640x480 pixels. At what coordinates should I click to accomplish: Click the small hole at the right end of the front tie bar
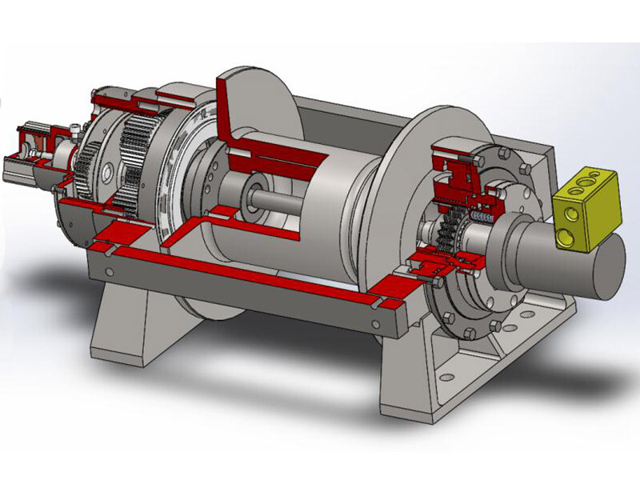click(375, 322)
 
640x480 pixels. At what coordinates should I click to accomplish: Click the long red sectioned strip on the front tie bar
click(240, 268)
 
